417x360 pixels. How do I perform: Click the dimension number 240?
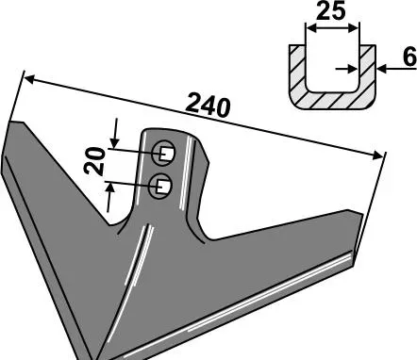click(x=208, y=106)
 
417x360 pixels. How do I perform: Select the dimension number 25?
click(x=331, y=11)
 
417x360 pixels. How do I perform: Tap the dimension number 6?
click(x=409, y=57)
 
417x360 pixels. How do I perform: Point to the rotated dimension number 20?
click(x=95, y=161)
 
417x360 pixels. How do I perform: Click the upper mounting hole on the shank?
click(x=163, y=153)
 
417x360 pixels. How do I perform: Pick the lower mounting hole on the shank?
click(x=160, y=186)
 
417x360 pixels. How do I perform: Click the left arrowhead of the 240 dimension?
click(x=29, y=78)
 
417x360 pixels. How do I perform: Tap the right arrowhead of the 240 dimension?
click(x=377, y=155)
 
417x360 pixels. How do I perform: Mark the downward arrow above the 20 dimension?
click(x=115, y=133)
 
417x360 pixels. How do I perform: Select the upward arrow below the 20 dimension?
click(x=109, y=198)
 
